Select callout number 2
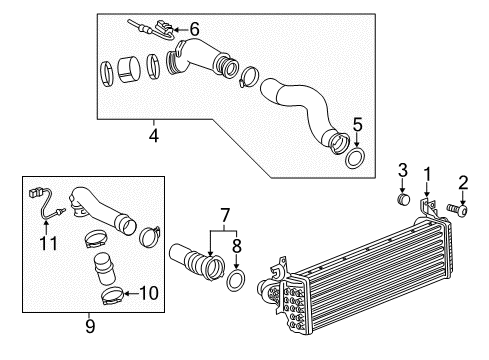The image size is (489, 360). coord(463,181)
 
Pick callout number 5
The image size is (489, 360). coord(357,127)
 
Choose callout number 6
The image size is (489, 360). coord(195,29)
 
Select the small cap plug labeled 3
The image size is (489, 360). coord(402,200)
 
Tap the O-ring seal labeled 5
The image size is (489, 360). coord(354,159)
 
